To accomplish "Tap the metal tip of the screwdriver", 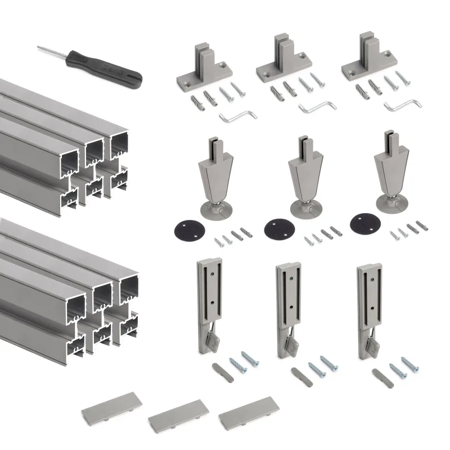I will tap(48, 51).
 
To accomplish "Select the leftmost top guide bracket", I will tap(204, 71).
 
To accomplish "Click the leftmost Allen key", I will tap(237, 116).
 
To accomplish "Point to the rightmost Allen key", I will tap(402, 104).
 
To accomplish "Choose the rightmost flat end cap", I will tap(245, 417).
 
